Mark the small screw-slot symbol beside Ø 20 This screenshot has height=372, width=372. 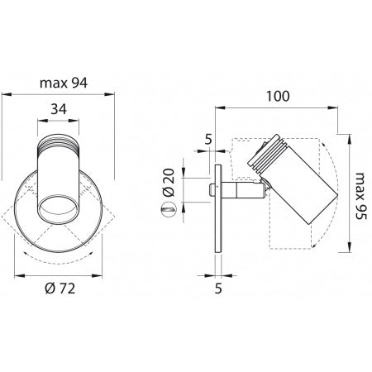point(168,211)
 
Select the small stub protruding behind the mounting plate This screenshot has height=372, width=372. point(210,191)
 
